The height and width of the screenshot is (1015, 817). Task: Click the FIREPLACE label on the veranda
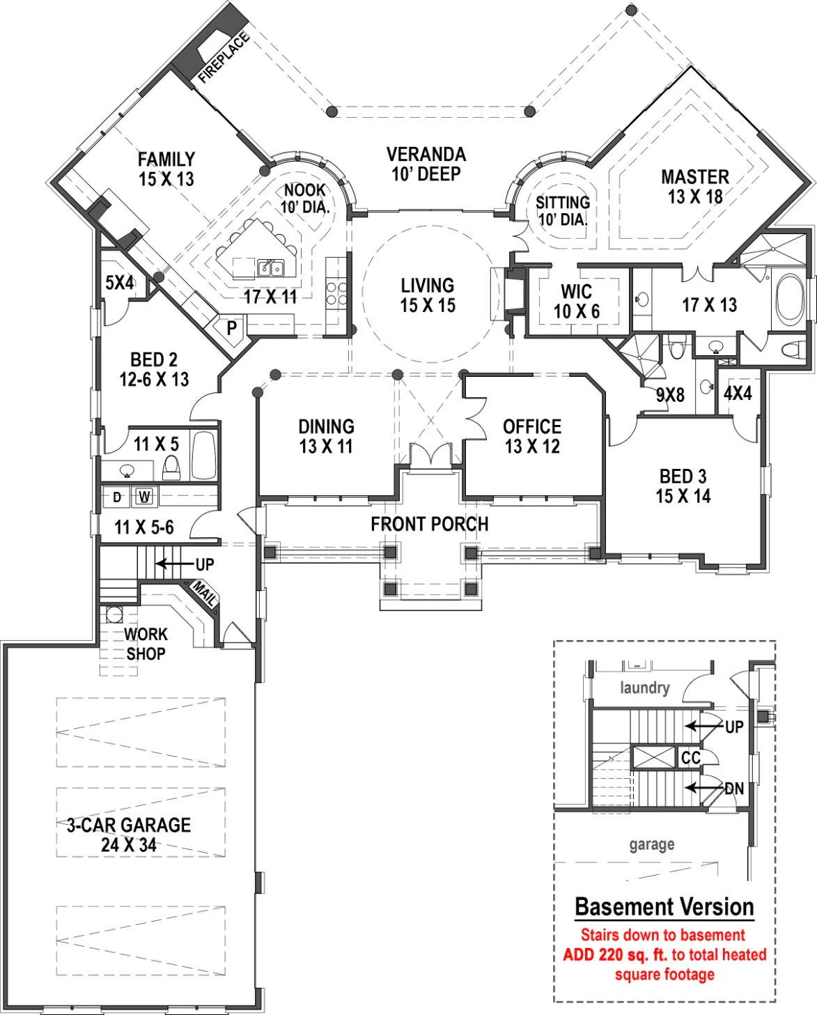[224, 58]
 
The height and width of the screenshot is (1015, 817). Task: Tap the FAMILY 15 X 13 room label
[166, 169]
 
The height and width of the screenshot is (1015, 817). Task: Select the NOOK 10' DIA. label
[305, 199]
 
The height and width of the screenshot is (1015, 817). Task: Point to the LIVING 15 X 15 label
[428, 295]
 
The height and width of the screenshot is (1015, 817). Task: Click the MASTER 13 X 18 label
[695, 187]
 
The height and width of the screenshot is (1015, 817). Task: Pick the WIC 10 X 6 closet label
[577, 302]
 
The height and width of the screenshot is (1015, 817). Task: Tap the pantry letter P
[232, 328]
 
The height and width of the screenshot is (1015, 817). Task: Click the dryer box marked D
[117, 497]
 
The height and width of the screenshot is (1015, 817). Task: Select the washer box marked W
[145, 497]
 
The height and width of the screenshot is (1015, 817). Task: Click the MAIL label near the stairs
[205, 594]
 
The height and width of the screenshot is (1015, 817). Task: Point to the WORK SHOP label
[146, 644]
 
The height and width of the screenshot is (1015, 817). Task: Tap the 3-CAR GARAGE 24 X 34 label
[129, 835]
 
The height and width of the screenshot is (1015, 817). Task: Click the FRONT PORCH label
[429, 524]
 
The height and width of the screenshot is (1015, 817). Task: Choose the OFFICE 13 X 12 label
[532, 436]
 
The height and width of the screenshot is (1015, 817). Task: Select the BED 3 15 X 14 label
[683, 486]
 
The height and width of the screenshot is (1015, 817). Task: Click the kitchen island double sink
[271, 268]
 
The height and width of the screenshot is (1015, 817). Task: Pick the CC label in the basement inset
[691, 758]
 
